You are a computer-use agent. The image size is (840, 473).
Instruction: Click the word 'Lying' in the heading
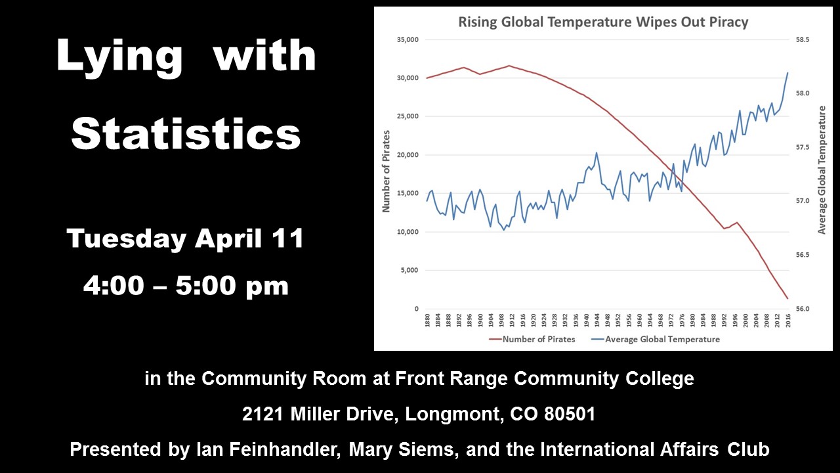tap(119, 57)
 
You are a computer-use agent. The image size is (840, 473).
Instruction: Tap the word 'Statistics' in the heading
tap(186, 133)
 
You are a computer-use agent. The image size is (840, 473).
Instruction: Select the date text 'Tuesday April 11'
tap(185, 238)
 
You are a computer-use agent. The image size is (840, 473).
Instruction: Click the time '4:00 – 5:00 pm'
tap(186, 286)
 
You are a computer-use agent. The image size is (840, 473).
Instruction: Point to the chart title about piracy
tap(603, 22)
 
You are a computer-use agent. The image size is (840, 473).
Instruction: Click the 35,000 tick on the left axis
tap(408, 40)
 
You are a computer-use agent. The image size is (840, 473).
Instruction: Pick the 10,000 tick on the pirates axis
tap(408, 232)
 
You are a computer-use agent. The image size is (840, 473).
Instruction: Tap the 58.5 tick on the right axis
tap(803, 40)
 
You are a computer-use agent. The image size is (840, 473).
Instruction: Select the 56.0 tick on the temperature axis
tap(803, 309)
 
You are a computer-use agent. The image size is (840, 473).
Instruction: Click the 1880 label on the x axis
tap(427, 320)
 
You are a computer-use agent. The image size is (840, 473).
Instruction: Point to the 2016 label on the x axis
tap(788, 320)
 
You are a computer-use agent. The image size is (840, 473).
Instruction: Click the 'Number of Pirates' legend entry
tap(532, 340)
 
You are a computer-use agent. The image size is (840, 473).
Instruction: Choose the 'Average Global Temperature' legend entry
tap(656, 340)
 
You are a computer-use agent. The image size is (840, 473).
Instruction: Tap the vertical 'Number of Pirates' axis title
tap(387, 171)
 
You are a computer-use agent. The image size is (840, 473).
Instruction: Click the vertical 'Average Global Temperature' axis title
tap(822, 170)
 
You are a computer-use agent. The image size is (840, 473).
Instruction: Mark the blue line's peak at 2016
tap(787, 73)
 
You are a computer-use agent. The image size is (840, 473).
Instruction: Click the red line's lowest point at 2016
tap(787, 299)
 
